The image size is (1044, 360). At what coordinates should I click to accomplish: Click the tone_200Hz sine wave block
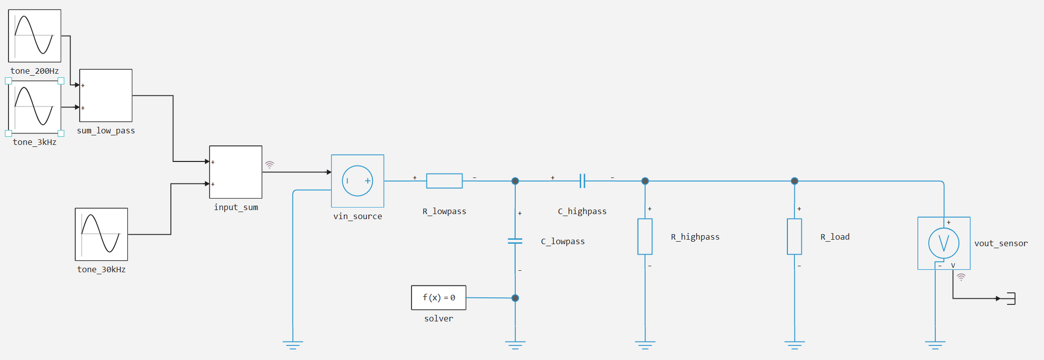(x=35, y=36)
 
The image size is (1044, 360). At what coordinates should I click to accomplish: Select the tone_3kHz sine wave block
(x=35, y=107)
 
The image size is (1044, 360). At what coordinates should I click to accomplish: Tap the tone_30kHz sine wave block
(x=101, y=234)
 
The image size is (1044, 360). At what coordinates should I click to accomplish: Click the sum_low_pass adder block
(x=106, y=95)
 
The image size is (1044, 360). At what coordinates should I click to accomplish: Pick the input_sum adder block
(x=236, y=172)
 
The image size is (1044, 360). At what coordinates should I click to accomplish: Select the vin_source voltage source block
(x=357, y=181)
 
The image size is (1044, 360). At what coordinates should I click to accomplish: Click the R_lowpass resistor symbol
(x=444, y=181)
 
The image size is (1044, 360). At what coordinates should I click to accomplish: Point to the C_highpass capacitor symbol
(x=582, y=181)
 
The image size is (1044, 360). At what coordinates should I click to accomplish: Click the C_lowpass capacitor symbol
(x=515, y=241)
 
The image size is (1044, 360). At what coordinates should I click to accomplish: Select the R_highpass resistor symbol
(x=645, y=237)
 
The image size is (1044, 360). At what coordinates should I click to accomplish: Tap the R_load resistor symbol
(x=794, y=237)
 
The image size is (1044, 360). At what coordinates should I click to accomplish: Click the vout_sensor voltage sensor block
(x=944, y=243)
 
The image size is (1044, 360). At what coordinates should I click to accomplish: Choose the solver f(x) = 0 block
(x=439, y=298)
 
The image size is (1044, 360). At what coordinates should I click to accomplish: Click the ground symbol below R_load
(x=794, y=345)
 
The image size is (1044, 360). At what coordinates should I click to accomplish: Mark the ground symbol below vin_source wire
(x=293, y=345)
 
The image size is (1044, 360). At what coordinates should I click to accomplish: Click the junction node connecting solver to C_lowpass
(x=515, y=298)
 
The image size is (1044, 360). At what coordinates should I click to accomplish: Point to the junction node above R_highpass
(x=645, y=181)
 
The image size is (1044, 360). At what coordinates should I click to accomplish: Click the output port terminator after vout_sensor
(x=1011, y=298)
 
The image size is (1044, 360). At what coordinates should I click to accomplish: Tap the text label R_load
(x=835, y=237)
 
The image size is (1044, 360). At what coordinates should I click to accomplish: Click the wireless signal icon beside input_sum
(x=270, y=164)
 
